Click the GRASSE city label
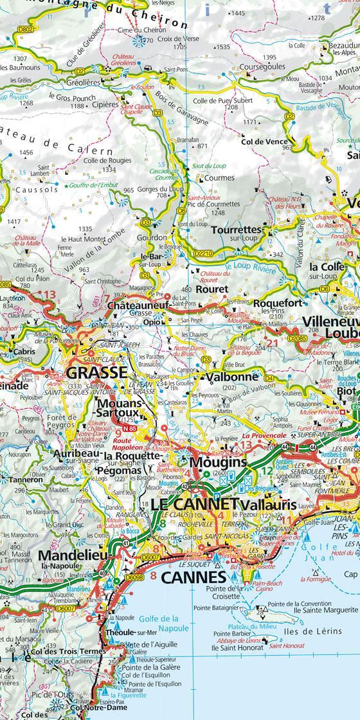coord(97,373)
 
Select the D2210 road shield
coord(203,253)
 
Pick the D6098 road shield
coord(134,578)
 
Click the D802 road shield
coord(25,29)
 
